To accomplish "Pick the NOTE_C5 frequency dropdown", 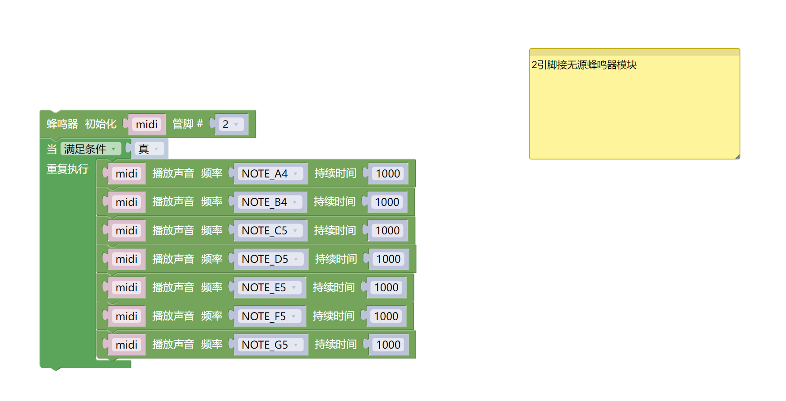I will click(x=269, y=231).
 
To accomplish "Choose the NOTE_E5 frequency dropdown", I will click(x=269, y=288).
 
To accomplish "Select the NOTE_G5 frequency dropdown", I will click(x=270, y=345).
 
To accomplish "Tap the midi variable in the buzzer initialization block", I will click(x=147, y=125).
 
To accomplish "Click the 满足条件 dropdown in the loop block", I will click(x=90, y=149).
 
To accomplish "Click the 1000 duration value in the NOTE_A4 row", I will click(x=388, y=174).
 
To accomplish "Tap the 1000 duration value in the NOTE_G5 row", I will click(x=388, y=345).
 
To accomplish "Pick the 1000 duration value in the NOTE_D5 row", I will click(x=388, y=259).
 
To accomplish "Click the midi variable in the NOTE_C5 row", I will click(x=126, y=231).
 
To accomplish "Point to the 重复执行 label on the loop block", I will click(x=68, y=169).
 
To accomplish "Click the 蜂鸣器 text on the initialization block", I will click(x=62, y=124).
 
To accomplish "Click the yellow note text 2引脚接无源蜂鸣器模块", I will click(x=584, y=65).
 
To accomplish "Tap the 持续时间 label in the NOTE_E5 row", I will click(x=334, y=288).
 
